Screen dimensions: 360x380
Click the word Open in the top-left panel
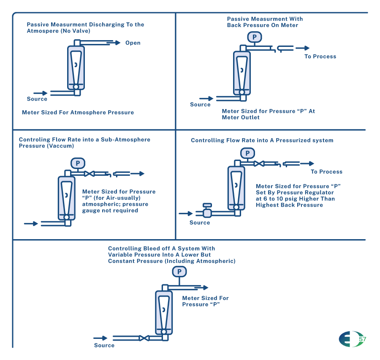tap(133, 43)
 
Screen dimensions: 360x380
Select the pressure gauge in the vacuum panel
tap(78, 163)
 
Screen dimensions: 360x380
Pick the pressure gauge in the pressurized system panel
tap(247, 153)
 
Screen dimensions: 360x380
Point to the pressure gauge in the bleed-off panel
tap(179, 272)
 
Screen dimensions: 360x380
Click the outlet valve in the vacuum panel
tap(89, 174)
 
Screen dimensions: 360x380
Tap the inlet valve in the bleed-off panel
tap(144, 338)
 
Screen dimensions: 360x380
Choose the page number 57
tap(362, 339)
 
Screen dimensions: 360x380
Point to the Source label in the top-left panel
tap(37, 99)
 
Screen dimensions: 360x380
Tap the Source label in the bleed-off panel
tap(104, 345)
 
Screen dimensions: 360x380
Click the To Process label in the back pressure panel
tap(320, 57)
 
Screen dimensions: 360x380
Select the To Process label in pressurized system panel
tap(326, 172)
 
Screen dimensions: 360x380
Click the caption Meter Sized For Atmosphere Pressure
tap(78, 113)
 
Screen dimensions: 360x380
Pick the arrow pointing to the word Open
tap(113, 43)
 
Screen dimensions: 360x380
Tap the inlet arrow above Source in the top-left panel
tap(41, 93)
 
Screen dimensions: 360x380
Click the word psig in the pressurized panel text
tap(291, 199)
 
